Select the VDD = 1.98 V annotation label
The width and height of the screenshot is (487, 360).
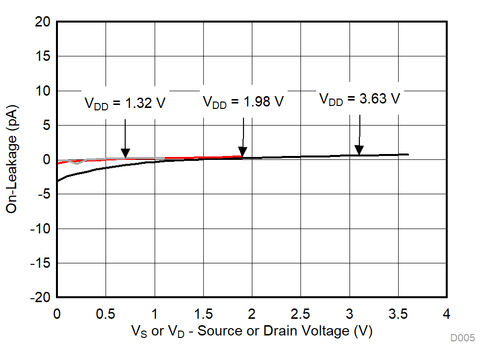point(243,102)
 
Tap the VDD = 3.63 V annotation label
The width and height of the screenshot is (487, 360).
point(360,99)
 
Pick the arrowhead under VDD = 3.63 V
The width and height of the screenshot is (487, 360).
point(359,150)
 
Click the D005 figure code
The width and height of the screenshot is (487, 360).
point(462,338)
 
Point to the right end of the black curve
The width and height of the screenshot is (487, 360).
point(408,154)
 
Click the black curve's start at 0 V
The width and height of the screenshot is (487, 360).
point(57,181)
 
